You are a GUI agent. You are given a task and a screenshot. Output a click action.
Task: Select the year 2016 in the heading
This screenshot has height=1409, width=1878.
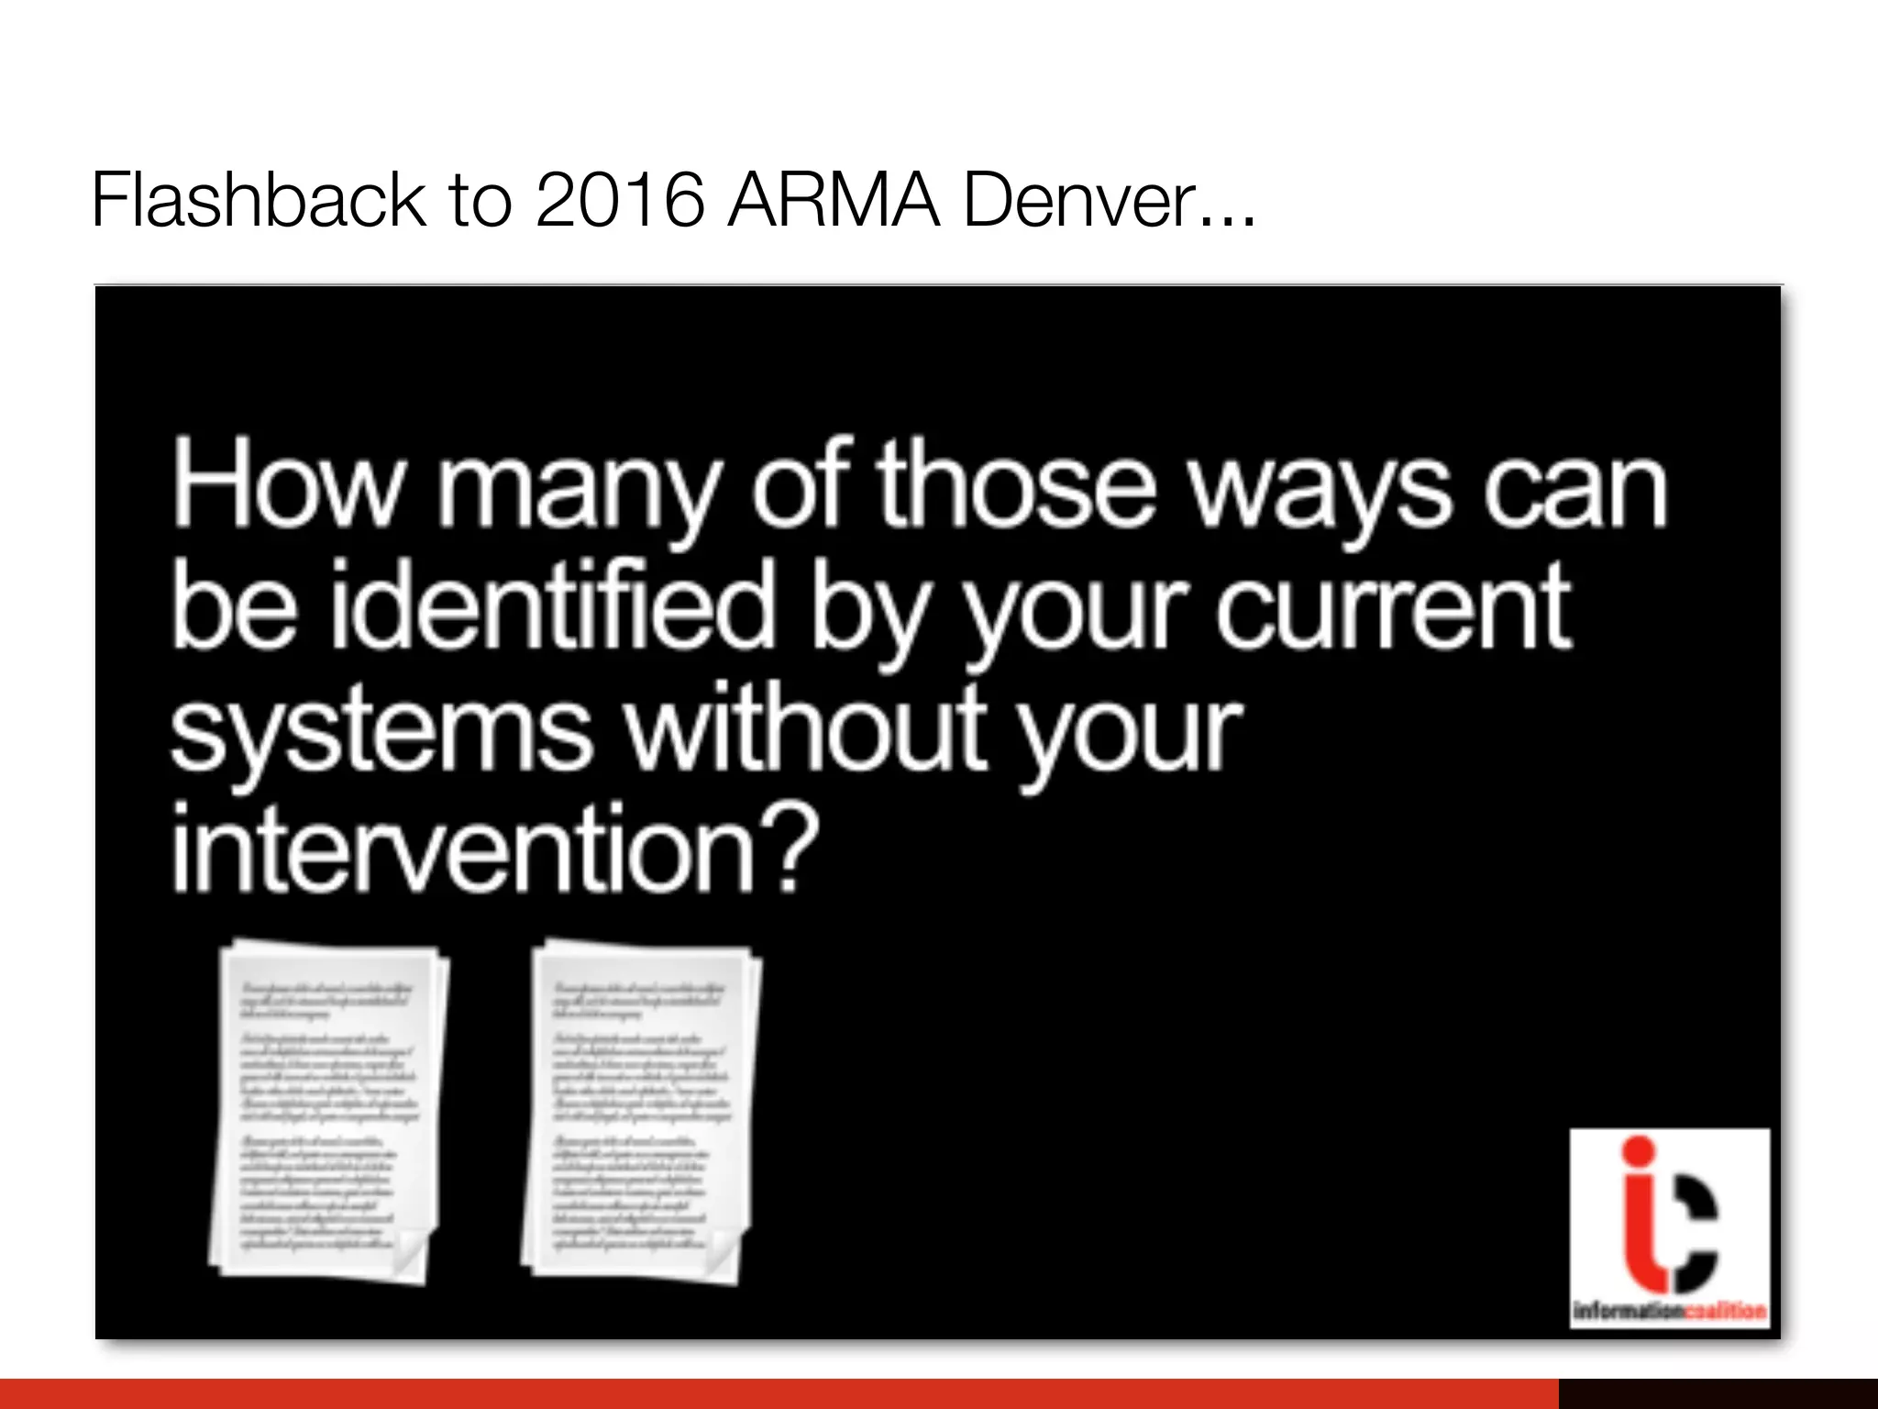click(x=620, y=200)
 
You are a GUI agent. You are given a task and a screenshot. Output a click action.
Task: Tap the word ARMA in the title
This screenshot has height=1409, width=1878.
click(x=834, y=200)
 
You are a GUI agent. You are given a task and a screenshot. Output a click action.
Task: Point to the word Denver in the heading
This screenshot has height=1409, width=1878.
click(x=1081, y=200)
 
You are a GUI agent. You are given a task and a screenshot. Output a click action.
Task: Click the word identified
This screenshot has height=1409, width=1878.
click(x=552, y=606)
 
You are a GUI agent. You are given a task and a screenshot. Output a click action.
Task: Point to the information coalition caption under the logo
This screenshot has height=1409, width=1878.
click(x=1669, y=1310)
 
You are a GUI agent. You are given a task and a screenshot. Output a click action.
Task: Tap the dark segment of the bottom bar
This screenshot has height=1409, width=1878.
click(x=1718, y=1393)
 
